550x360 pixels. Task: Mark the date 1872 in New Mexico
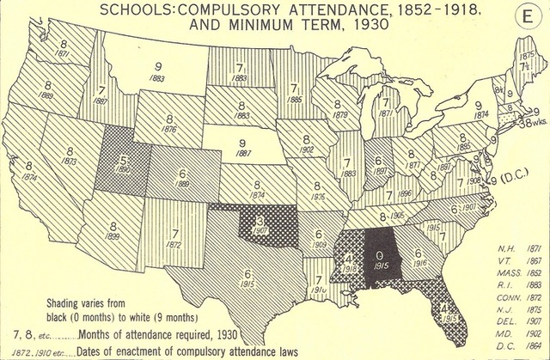point(175,246)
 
